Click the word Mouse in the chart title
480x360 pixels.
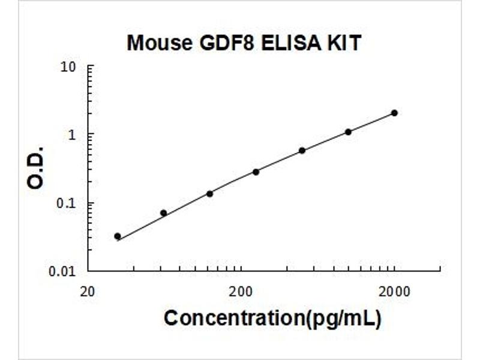tap(159, 43)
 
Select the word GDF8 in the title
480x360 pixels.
tap(227, 43)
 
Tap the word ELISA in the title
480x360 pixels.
tap(291, 43)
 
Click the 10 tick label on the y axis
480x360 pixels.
tap(68, 67)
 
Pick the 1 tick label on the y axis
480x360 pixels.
tap(72, 134)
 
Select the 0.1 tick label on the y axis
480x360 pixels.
tap(66, 203)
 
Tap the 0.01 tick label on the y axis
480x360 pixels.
tap(62, 271)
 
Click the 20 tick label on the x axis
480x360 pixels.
tap(87, 292)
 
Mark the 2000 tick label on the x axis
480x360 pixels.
tap(394, 292)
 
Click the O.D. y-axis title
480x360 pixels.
tap(35, 168)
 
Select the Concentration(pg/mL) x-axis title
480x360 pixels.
tap(273, 319)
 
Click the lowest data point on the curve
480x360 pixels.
tap(118, 236)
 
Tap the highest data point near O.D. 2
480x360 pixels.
tap(395, 113)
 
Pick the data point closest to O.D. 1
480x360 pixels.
tap(349, 132)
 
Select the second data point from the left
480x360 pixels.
tap(164, 213)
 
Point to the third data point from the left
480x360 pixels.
tap(209, 194)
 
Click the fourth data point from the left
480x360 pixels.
tap(256, 172)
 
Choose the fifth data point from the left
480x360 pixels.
tap(302, 151)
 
